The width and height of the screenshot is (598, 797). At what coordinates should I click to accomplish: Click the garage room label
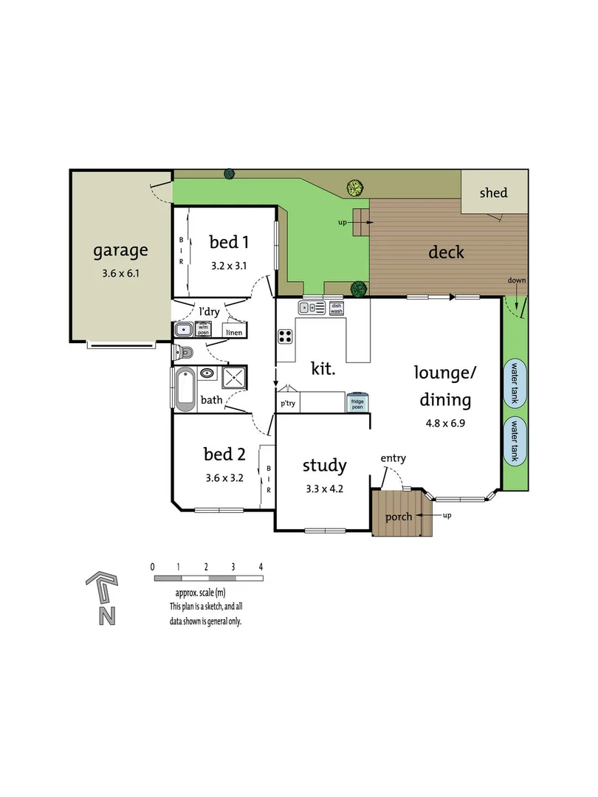[120, 250]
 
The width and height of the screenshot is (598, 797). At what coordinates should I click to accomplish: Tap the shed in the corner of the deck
[494, 193]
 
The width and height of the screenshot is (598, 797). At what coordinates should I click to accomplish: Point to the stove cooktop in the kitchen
[286, 337]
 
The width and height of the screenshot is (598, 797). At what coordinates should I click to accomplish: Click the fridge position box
[357, 402]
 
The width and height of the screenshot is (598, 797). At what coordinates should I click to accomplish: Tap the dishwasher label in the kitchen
[337, 308]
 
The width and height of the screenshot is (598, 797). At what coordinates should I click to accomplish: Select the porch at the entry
[399, 515]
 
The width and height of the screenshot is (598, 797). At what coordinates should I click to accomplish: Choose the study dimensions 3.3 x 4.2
[325, 488]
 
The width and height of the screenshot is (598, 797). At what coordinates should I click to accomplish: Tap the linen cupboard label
[233, 334]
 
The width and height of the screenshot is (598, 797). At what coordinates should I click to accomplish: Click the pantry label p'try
[288, 404]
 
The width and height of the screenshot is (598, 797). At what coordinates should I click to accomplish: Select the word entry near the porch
[393, 459]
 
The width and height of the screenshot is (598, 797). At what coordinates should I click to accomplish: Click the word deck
[446, 252]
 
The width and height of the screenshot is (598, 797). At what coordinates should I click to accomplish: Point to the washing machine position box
[205, 330]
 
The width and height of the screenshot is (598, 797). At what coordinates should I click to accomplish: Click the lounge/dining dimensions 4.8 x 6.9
[444, 424]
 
